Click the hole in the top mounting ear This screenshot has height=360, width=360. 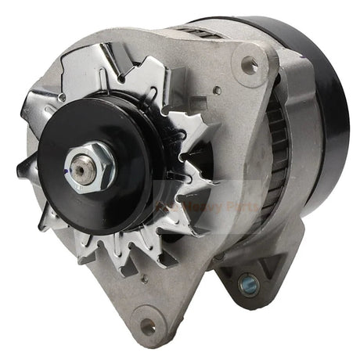250,67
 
